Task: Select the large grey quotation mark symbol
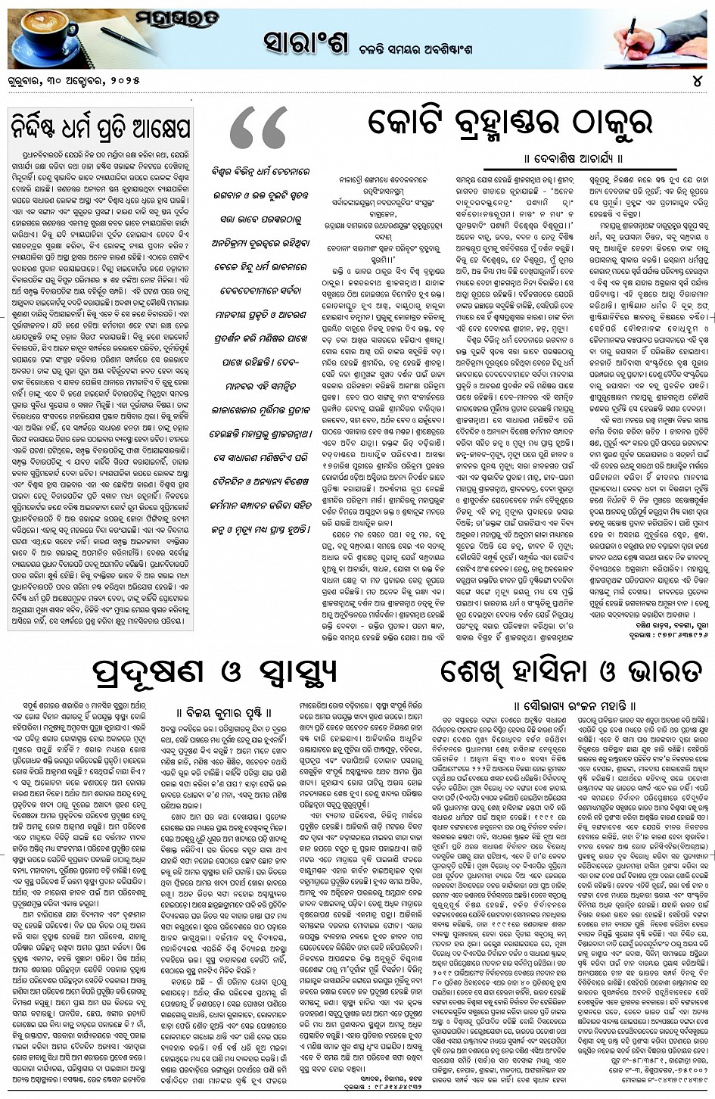258,130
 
